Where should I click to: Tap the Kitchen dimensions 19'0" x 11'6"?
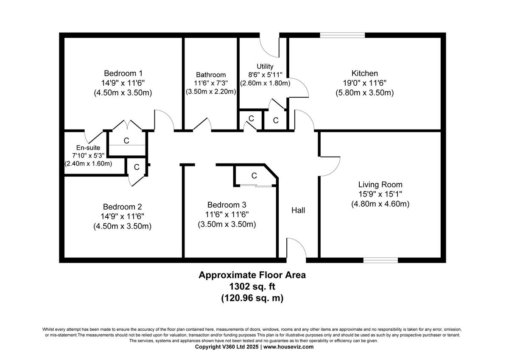pyautogui.click(x=364, y=83)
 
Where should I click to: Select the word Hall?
pyautogui.click(x=298, y=210)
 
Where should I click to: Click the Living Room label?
pyautogui.click(x=380, y=185)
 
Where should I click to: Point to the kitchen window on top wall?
pyautogui.click(x=342, y=36)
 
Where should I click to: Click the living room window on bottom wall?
pyautogui.click(x=380, y=260)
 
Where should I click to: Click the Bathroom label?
pyautogui.click(x=211, y=75)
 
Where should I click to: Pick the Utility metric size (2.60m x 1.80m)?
pyautogui.click(x=265, y=83)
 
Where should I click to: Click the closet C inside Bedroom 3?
pyautogui.click(x=254, y=175)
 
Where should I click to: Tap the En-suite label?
pyautogui.click(x=88, y=148)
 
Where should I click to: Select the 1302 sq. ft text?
pyautogui.click(x=252, y=287)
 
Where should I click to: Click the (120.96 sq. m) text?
pyautogui.click(x=252, y=298)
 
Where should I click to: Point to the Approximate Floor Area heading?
pyautogui.click(x=252, y=275)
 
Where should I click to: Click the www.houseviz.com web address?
pyautogui.click(x=289, y=347)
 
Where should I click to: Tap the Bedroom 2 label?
pyautogui.click(x=123, y=207)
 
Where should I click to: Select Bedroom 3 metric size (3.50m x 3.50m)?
pyautogui.click(x=227, y=224)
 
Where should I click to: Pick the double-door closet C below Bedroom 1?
pyautogui.click(x=126, y=140)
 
